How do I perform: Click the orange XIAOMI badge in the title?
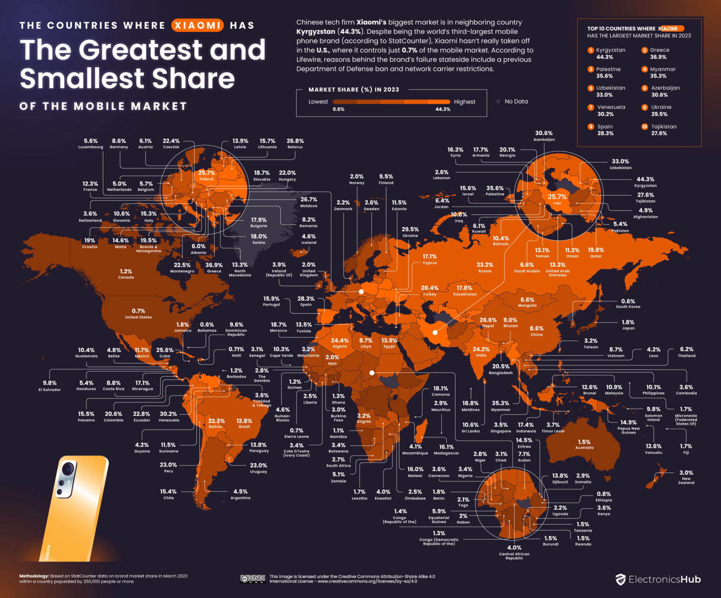coord(197,25)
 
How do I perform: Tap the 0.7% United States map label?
coord(138,313)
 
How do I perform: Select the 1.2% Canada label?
coord(126,274)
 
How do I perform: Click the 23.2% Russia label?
coord(484,267)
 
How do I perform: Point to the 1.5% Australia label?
coord(584,444)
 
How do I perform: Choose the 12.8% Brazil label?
coord(244,423)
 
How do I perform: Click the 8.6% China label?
coord(537,331)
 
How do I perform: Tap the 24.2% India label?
coord(481,352)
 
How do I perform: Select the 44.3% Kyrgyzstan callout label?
coord(645,182)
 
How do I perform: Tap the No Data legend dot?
coord(498,101)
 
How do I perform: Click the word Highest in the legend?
coord(464,102)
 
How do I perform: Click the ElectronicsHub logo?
coord(658,579)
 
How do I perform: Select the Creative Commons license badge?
coord(253,579)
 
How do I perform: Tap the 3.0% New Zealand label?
coord(686,477)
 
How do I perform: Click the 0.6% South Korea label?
coord(628,303)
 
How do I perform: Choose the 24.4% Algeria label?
coord(340,343)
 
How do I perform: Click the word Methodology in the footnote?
coord(34,576)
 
